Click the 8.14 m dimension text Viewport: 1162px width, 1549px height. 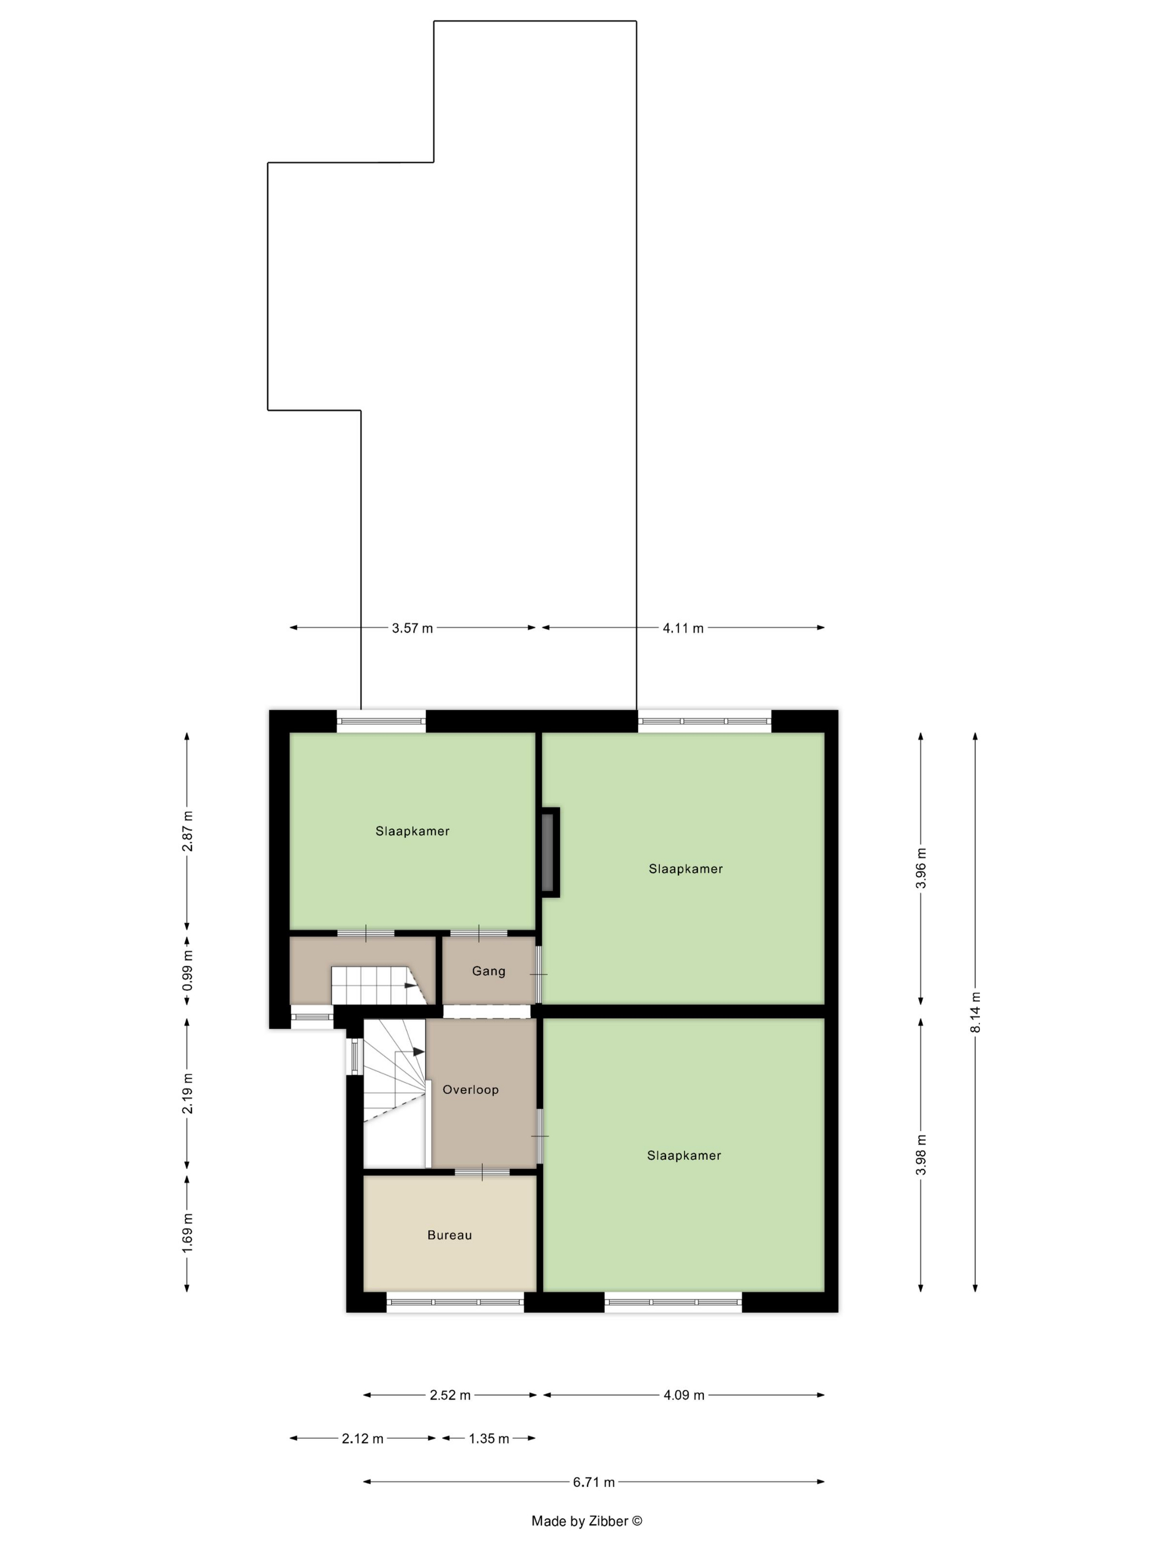[976, 1011]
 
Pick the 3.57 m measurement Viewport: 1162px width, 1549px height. [413, 628]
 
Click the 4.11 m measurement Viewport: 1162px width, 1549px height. [683, 628]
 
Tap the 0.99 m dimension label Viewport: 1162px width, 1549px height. [188, 970]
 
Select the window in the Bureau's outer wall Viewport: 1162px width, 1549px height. [455, 1302]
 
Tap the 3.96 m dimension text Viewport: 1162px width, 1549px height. [921, 867]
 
